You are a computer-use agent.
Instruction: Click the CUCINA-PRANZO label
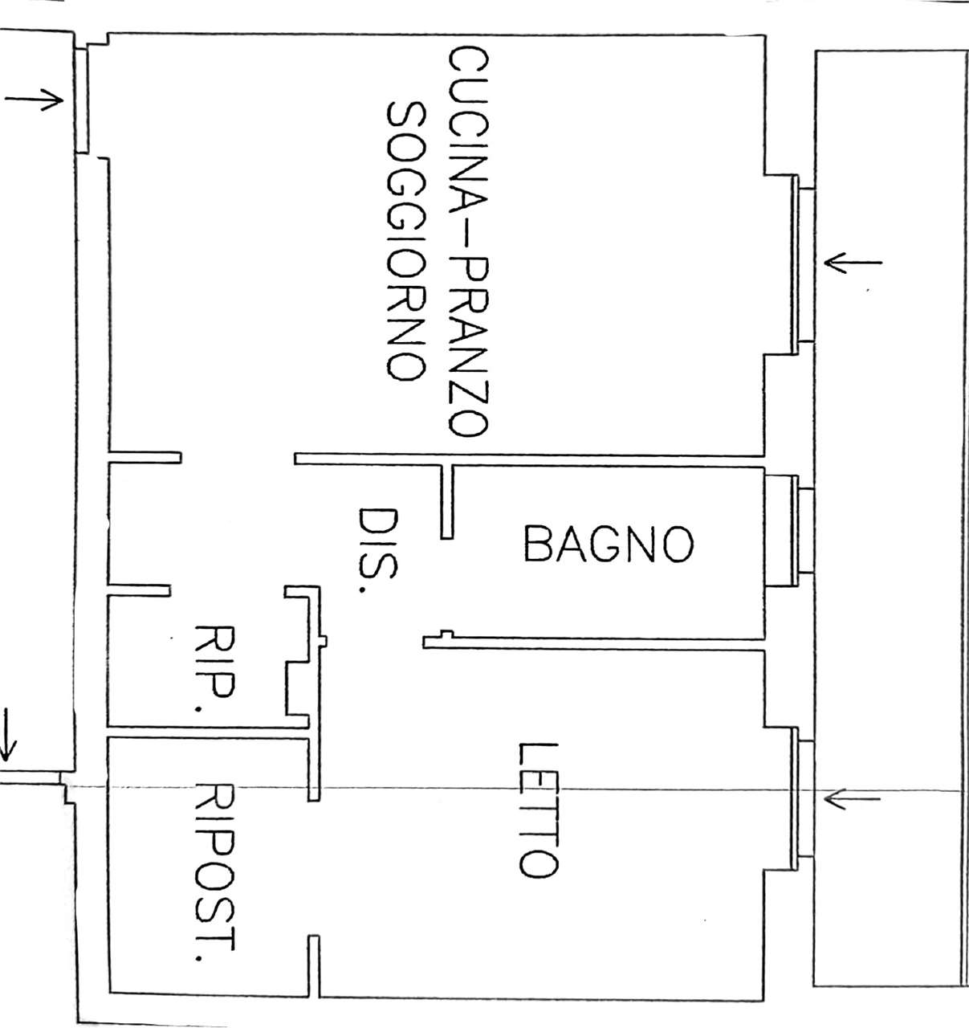coord(468,243)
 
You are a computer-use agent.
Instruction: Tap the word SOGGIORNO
coord(406,242)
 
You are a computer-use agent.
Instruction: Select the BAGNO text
coord(609,544)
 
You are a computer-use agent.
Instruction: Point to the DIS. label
coord(378,551)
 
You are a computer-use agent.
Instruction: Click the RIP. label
coord(214,669)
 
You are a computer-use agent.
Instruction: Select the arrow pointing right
coord(35,99)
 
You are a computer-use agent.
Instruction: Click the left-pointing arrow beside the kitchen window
coord(853,263)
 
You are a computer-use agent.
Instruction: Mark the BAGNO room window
coord(802,531)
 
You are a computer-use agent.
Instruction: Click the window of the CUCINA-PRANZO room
coord(802,264)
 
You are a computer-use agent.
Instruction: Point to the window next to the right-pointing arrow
coord(81,100)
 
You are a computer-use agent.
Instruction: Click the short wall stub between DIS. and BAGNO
coord(446,501)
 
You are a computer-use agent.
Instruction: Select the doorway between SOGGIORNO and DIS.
coord(238,458)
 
